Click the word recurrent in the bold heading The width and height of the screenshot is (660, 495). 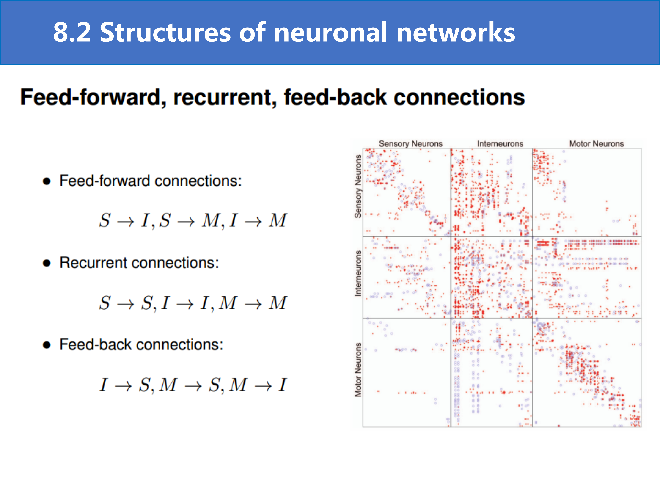(x=225, y=98)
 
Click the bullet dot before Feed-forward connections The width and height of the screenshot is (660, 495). (x=47, y=181)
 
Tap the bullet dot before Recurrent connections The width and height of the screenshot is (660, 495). (x=47, y=263)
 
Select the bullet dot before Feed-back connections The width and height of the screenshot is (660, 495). (x=47, y=345)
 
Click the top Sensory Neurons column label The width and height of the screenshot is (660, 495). (x=411, y=144)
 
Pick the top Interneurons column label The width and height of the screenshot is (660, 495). (x=500, y=144)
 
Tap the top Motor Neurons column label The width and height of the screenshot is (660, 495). (x=597, y=144)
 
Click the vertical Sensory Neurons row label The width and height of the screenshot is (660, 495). (x=358, y=186)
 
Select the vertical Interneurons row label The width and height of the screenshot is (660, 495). (x=358, y=273)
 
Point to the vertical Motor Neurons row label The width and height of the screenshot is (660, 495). (x=358, y=370)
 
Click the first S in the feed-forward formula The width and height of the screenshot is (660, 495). (x=105, y=220)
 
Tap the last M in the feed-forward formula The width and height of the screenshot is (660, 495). (x=278, y=220)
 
